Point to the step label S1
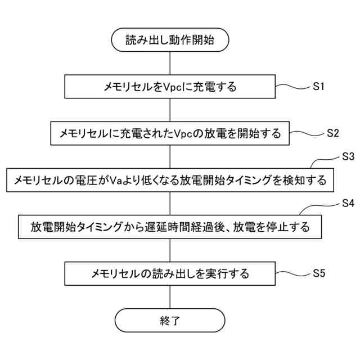(319, 87)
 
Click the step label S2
(332, 134)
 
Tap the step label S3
(348, 156)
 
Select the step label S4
(348, 203)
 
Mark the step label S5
(319, 274)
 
